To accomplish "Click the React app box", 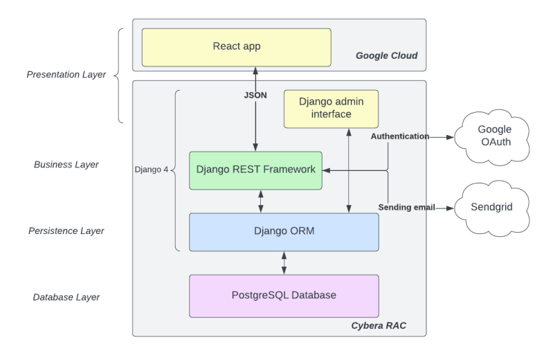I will click(x=236, y=46).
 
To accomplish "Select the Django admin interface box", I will click(x=331, y=108).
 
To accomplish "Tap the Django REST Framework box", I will click(x=255, y=170).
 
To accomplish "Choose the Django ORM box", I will click(x=284, y=231).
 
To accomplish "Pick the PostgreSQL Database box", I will click(x=284, y=295).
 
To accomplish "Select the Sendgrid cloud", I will click(x=492, y=207).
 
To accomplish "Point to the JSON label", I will click(x=255, y=96).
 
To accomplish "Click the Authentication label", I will click(x=399, y=136).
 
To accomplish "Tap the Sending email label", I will click(x=406, y=207).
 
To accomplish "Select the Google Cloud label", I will click(x=386, y=55).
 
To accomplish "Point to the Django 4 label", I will click(x=151, y=170).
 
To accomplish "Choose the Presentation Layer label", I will click(x=66, y=74).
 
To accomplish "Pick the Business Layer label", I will click(x=66, y=165).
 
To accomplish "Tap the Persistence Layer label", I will click(x=66, y=231).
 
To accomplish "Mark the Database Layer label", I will click(x=66, y=297).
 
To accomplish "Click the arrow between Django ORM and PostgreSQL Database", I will click(x=284, y=262).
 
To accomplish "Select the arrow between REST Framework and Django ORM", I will click(x=261, y=201).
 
